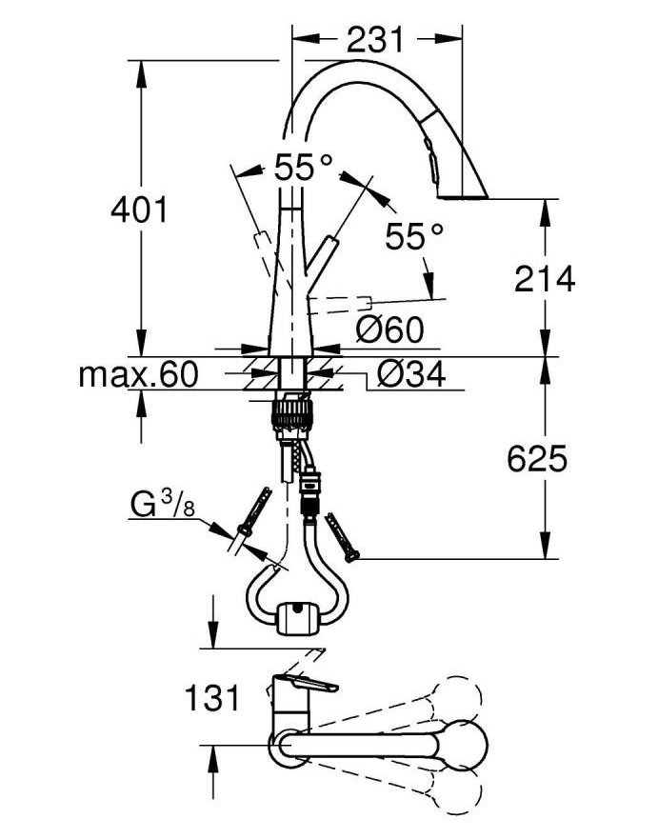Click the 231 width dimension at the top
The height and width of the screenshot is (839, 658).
pyautogui.click(x=374, y=40)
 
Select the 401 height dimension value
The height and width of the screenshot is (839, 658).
pyautogui.click(x=139, y=210)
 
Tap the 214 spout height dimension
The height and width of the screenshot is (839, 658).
pyautogui.click(x=544, y=278)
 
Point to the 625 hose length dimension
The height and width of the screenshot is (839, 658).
pyautogui.click(x=536, y=459)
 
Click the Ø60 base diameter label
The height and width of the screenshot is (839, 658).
pyautogui.click(x=389, y=330)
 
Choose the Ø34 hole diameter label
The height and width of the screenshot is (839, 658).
pyautogui.click(x=410, y=374)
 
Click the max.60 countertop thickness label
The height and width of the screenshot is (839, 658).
pyautogui.click(x=138, y=374)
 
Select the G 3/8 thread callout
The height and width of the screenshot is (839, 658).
pyautogui.click(x=162, y=505)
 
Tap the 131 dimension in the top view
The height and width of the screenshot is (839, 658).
pyautogui.click(x=211, y=698)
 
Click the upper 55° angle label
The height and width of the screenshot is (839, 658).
pyautogui.click(x=304, y=167)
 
